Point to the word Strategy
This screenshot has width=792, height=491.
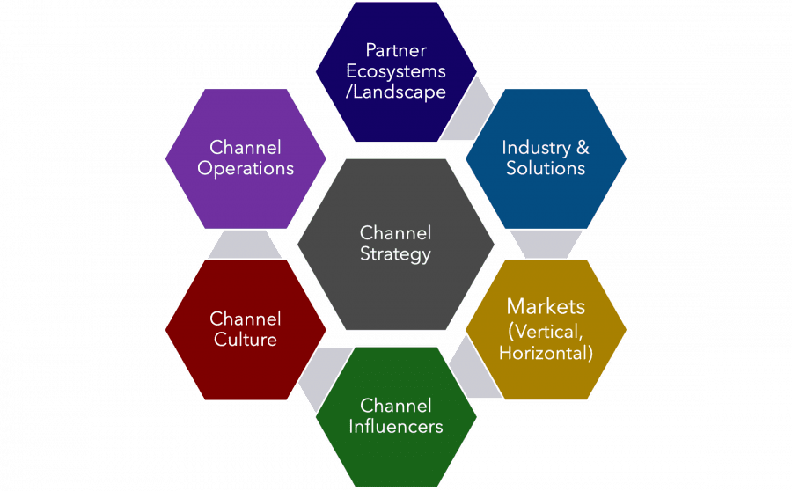pyautogui.click(x=396, y=255)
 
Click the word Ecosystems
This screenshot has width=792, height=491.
pyautogui.click(x=396, y=71)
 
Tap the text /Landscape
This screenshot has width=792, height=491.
pyautogui.click(x=396, y=92)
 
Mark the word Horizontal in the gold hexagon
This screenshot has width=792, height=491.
pyautogui.click(x=546, y=353)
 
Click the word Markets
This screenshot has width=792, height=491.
pyautogui.click(x=546, y=307)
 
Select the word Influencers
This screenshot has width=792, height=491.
pyautogui.click(x=396, y=427)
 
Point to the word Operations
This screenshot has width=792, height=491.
pyautogui.click(x=246, y=168)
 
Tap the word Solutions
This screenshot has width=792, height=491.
pyautogui.click(x=546, y=168)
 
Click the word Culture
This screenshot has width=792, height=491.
pyautogui.click(x=246, y=340)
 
